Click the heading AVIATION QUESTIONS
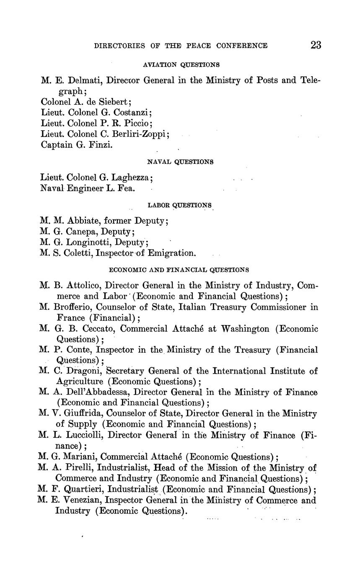point(181,65)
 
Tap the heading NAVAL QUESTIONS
point(181,161)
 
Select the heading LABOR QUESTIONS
point(180,205)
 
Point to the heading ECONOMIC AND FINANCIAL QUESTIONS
point(179,270)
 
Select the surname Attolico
point(82,286)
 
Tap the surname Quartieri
point(85,489)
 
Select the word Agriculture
point(79,382)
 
